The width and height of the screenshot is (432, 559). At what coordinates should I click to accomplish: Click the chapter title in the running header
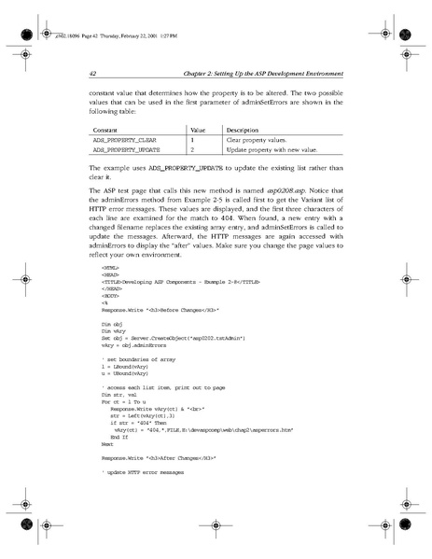click(x=260, y=74)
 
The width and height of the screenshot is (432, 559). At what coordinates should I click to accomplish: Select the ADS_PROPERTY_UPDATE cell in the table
click(x=118, y=149)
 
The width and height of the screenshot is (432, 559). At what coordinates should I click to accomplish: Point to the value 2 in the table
click(x=192, y=149)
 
